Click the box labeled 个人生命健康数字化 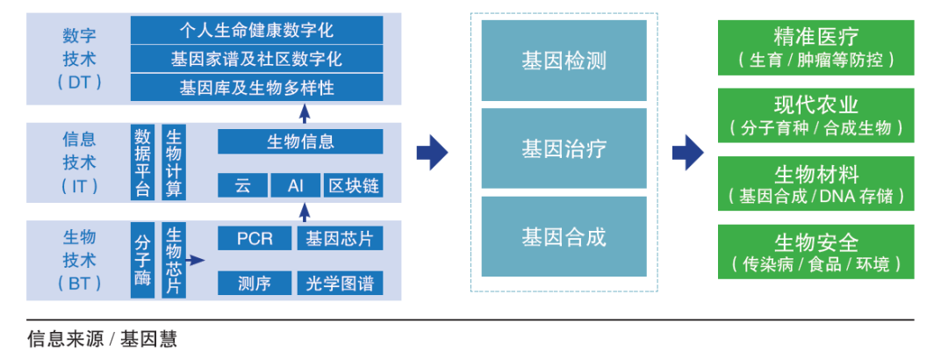pyautogui.click(x=256, y=31)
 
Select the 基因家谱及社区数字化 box pyautogui.click(x=256, y=60)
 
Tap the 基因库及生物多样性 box pyautogui.click(x=256, y=88)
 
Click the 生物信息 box pyautogui.click(x=300, y=141)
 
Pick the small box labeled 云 pyautogui.click(x=242, y=185)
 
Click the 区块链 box pyautogui.click(x=353, y=185)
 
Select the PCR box pyautogui.click(x=255, y=238)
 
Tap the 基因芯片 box pyautogui.click(x=340, y=238)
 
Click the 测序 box pyautogui.click(x=255, y=283)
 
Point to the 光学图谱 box pyautogui.click(x=340, y=283)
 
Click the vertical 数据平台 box pyautogui.click(x=142, y=162)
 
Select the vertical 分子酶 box pyautogui.click(x=143, y=260)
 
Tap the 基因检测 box pyautogui.click(x=564, y=61)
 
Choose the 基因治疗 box pyautogui.click(x=564, y=148)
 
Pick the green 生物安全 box pyautogui.click(x=815, y=252)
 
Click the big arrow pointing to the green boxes pyautogui.click(x=687, y=154)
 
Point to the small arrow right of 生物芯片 pyautogui.click(x=195, y=261)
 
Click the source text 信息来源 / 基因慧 pyautogui.click(x=102, y=339)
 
